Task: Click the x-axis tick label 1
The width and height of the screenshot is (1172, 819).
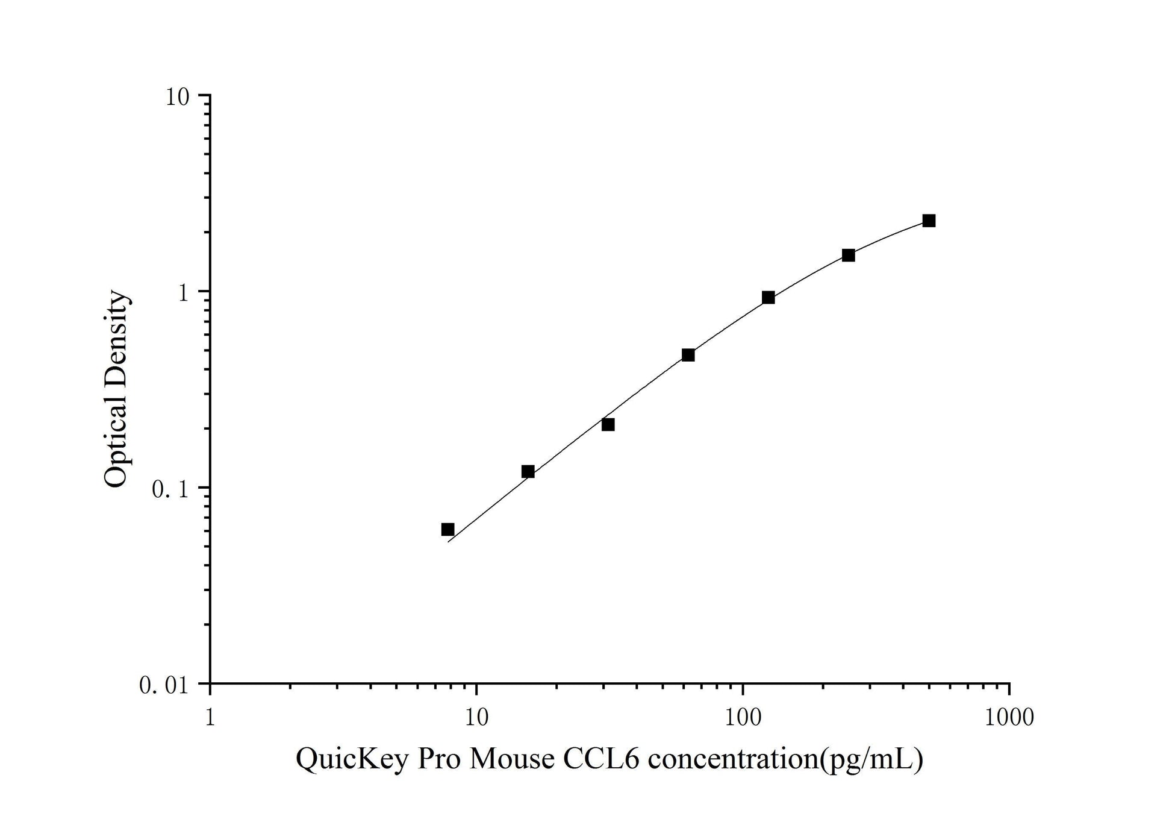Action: [x=210, y=718]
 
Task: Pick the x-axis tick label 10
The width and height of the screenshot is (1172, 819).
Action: [x=476, y=718]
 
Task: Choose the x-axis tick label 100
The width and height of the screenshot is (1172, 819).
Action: [x=743, y=718]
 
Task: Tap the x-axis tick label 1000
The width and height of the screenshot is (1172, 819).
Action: [x=1009, y=718]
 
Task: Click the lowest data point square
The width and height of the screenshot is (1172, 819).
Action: [x=447, y=530]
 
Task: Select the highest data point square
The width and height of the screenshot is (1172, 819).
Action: [x=929, y=221]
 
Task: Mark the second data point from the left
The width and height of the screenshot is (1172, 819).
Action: [x=528, y=471]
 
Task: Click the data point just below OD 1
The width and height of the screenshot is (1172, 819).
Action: [x=768, y=298]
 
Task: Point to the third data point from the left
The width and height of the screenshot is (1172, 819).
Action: [x=608, y=425]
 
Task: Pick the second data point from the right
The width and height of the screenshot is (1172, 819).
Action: [x=848, y=256]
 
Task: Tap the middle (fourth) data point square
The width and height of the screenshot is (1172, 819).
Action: [x=688, y=355]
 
